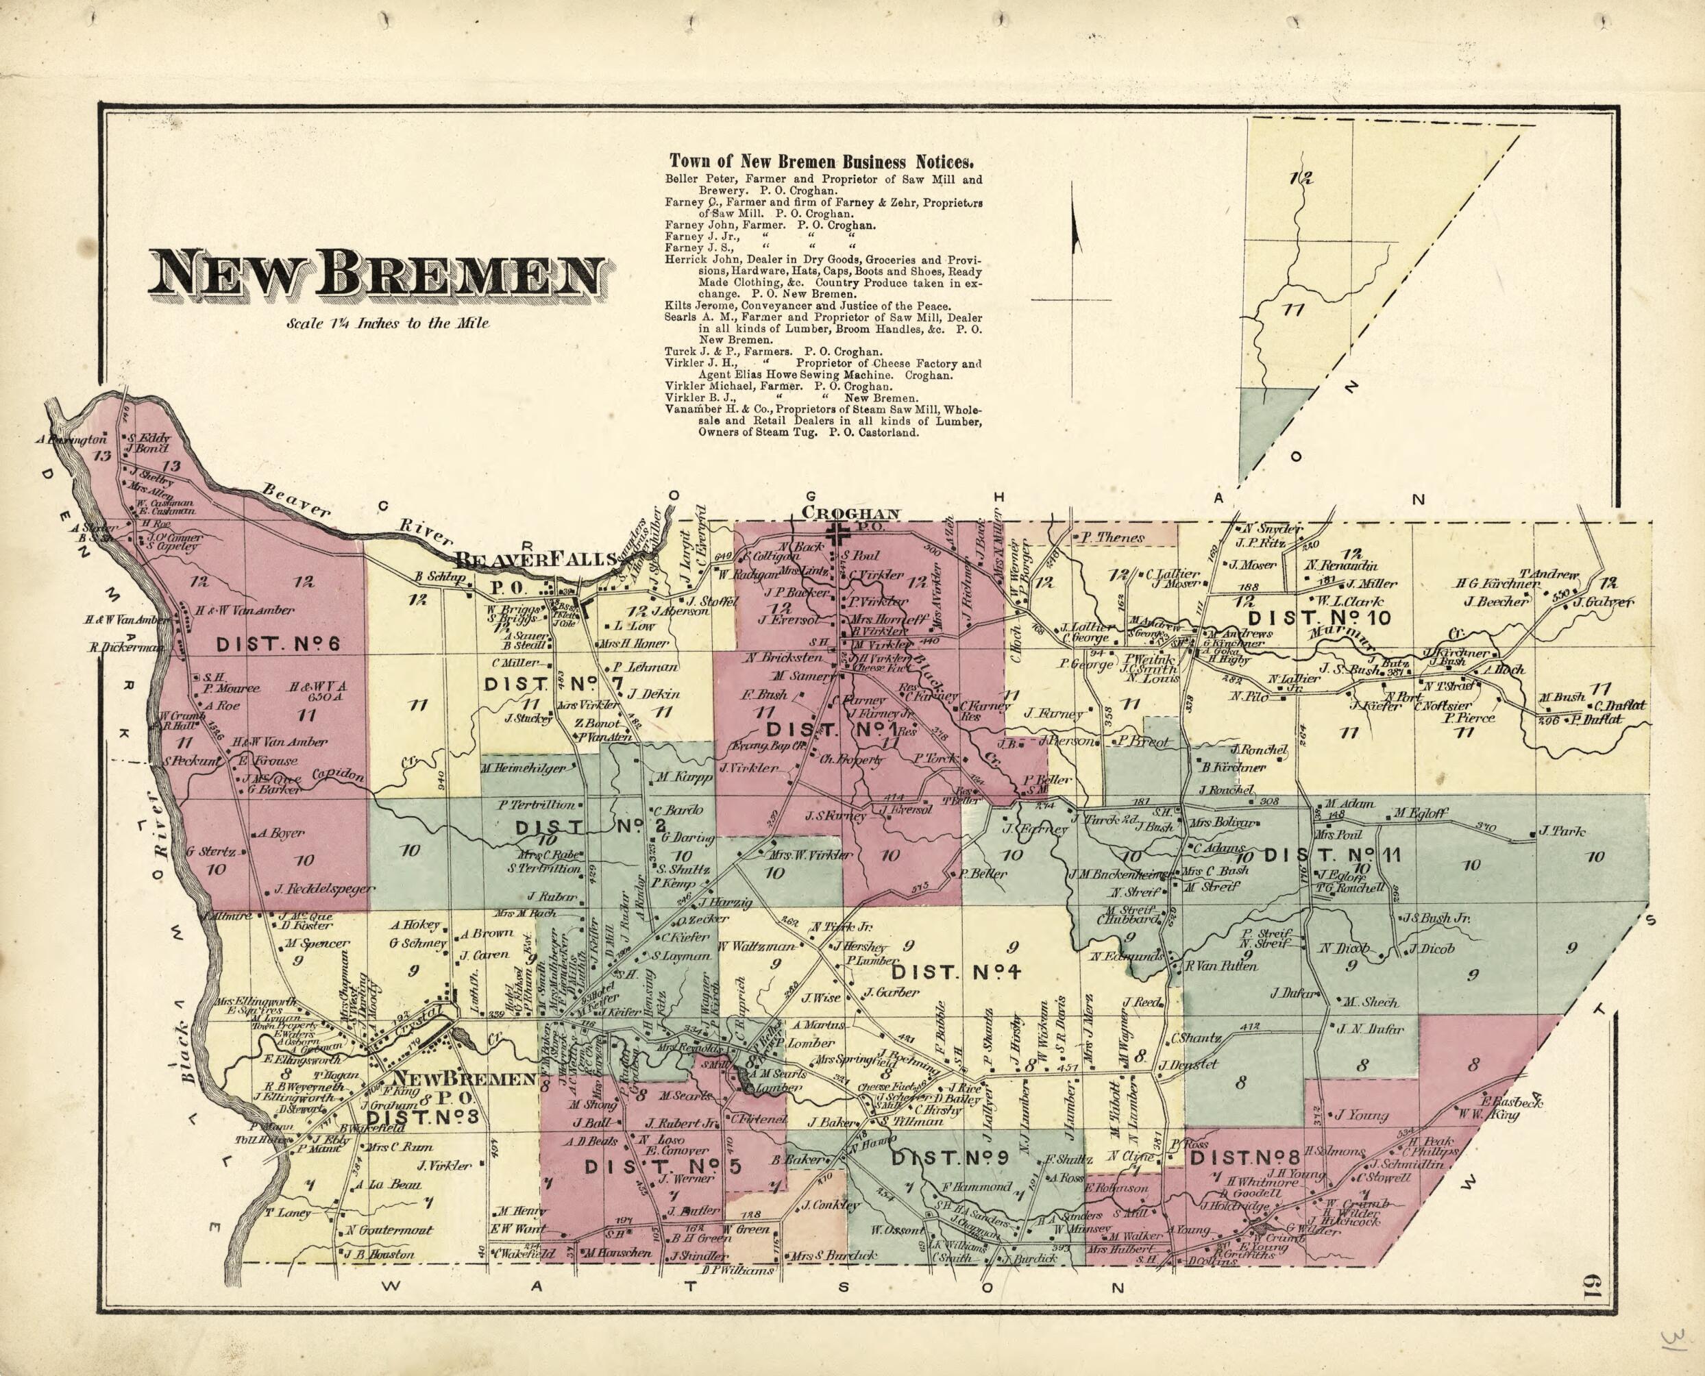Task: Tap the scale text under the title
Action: [x=389, y=323]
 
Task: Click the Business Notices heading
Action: [x=821, y=162]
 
